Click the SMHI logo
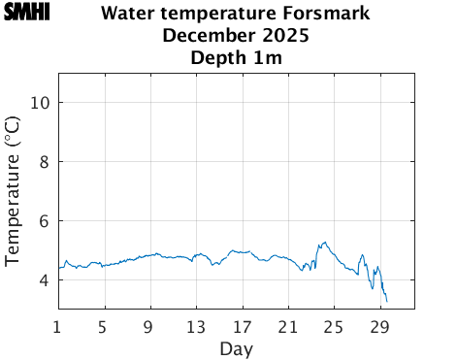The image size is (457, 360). (26, 13)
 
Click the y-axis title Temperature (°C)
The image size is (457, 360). (13, 191)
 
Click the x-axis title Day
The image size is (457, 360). (237, 348)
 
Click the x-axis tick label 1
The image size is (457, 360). (58, 326)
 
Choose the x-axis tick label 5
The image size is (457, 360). (104, 326)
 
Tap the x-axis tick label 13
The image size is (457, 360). (196, 326)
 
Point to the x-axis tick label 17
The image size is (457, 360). (242, 326)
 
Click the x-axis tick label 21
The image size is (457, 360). (288, 326)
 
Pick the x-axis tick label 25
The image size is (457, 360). (334, 326)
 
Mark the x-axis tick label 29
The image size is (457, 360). (379, 326)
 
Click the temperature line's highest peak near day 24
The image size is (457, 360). (324, 242)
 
